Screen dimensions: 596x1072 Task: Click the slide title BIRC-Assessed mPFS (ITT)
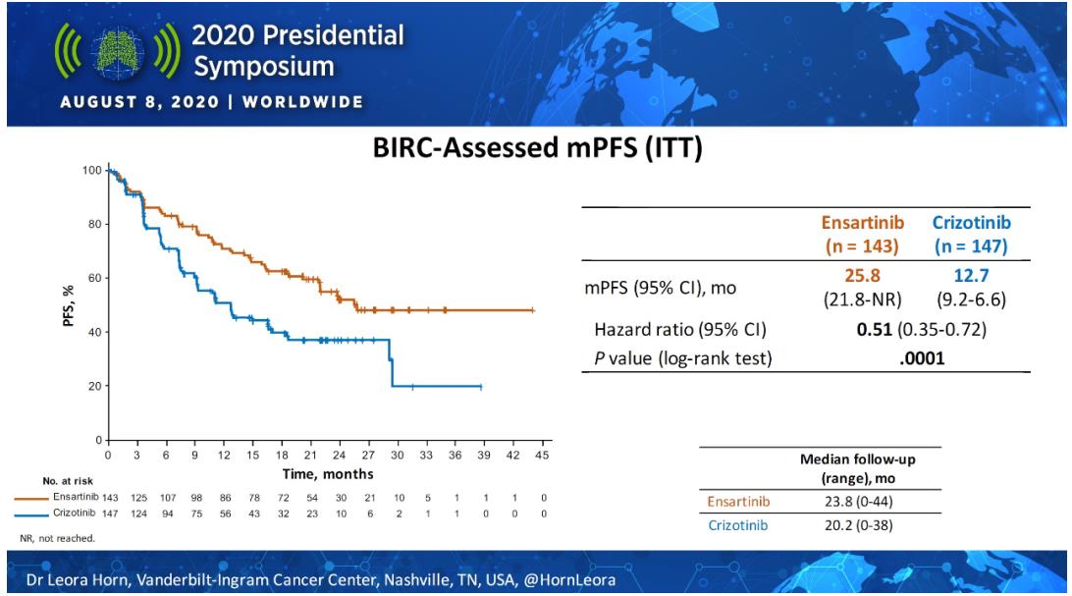[537, 150]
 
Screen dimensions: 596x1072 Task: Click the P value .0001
[922, 358]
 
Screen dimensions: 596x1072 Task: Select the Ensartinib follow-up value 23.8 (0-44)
[859, 502]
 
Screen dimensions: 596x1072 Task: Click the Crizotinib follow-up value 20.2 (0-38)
[859, 526]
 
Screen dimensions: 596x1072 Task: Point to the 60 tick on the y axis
[94, 278]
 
